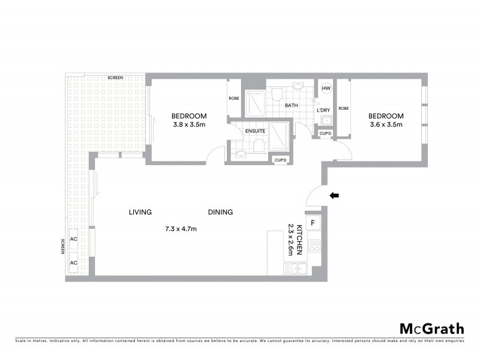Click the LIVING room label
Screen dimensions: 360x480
pos(140,212)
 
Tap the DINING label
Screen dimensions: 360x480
pos(220,212)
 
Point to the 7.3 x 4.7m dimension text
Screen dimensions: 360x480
pos(181,229)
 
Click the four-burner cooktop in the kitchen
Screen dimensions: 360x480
pos(313,245)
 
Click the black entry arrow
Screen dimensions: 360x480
pos(334,195)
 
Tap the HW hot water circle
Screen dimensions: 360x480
pos(326,89)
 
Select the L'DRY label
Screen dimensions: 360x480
pos(323,110)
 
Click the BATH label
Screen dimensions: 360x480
pos(292,106)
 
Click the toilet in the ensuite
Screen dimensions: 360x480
pos(258,147)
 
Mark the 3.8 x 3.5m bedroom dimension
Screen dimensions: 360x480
pos(189,125)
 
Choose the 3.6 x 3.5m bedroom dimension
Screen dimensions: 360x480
pos(385,125)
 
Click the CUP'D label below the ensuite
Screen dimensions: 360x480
pos(280,160)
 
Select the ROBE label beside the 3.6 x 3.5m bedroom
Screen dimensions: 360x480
pos(343,108)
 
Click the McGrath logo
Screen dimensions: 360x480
pos(432,328)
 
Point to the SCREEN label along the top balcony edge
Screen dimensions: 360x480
pos(115,78)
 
